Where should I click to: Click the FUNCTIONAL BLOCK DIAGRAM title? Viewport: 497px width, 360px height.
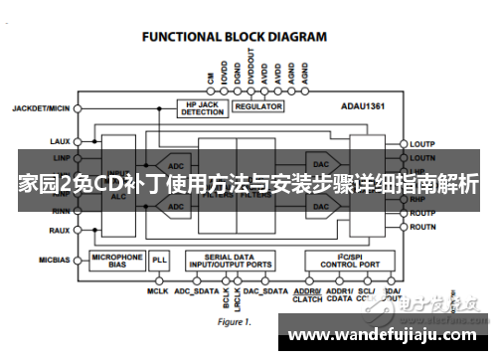pos(235,37)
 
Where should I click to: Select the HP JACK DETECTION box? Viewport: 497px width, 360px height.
pos(203,107)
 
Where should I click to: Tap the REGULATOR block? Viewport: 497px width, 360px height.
pos(259,104)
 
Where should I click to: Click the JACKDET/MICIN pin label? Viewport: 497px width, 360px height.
pos(42,106)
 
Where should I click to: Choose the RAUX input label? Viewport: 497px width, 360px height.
pos(58,230)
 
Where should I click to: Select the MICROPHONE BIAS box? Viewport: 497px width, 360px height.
pos(117,261)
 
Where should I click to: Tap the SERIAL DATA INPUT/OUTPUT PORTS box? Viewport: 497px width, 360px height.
pos(231,261)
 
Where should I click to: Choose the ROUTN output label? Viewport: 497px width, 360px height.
pos(424,228)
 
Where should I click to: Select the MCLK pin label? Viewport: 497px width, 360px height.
pos(157,291)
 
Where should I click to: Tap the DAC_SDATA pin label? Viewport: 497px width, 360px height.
pos(265,291)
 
